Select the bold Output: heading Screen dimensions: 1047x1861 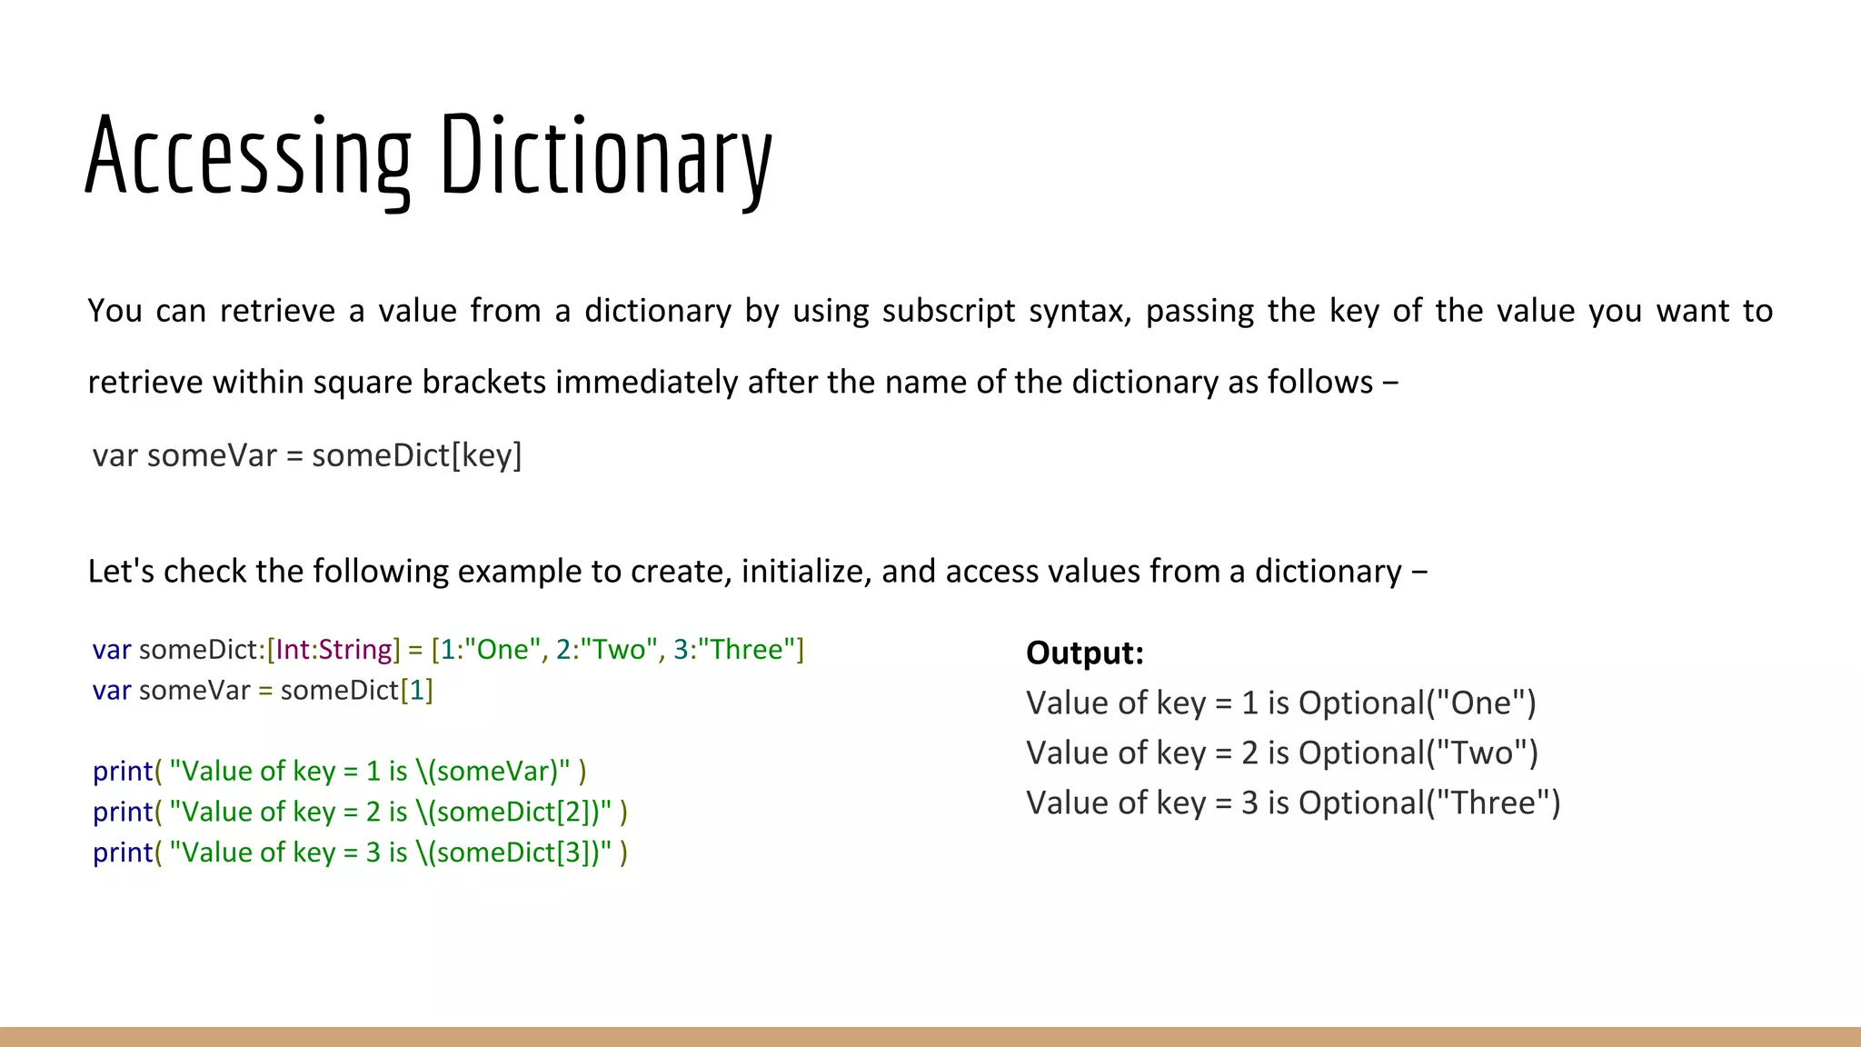point(1084,653)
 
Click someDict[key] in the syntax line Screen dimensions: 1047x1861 point(416,454)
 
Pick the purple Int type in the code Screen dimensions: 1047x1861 point(293,649)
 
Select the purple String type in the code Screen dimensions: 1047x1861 point(355,649)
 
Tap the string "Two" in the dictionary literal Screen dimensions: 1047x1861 point(613,649)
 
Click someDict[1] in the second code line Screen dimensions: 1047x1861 point(356,691)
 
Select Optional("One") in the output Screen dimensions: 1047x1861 point(1417,703)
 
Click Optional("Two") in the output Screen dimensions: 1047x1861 point(1418,753)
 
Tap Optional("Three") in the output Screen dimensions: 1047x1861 point(1428,803)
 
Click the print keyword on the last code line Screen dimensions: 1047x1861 point(123,853)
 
